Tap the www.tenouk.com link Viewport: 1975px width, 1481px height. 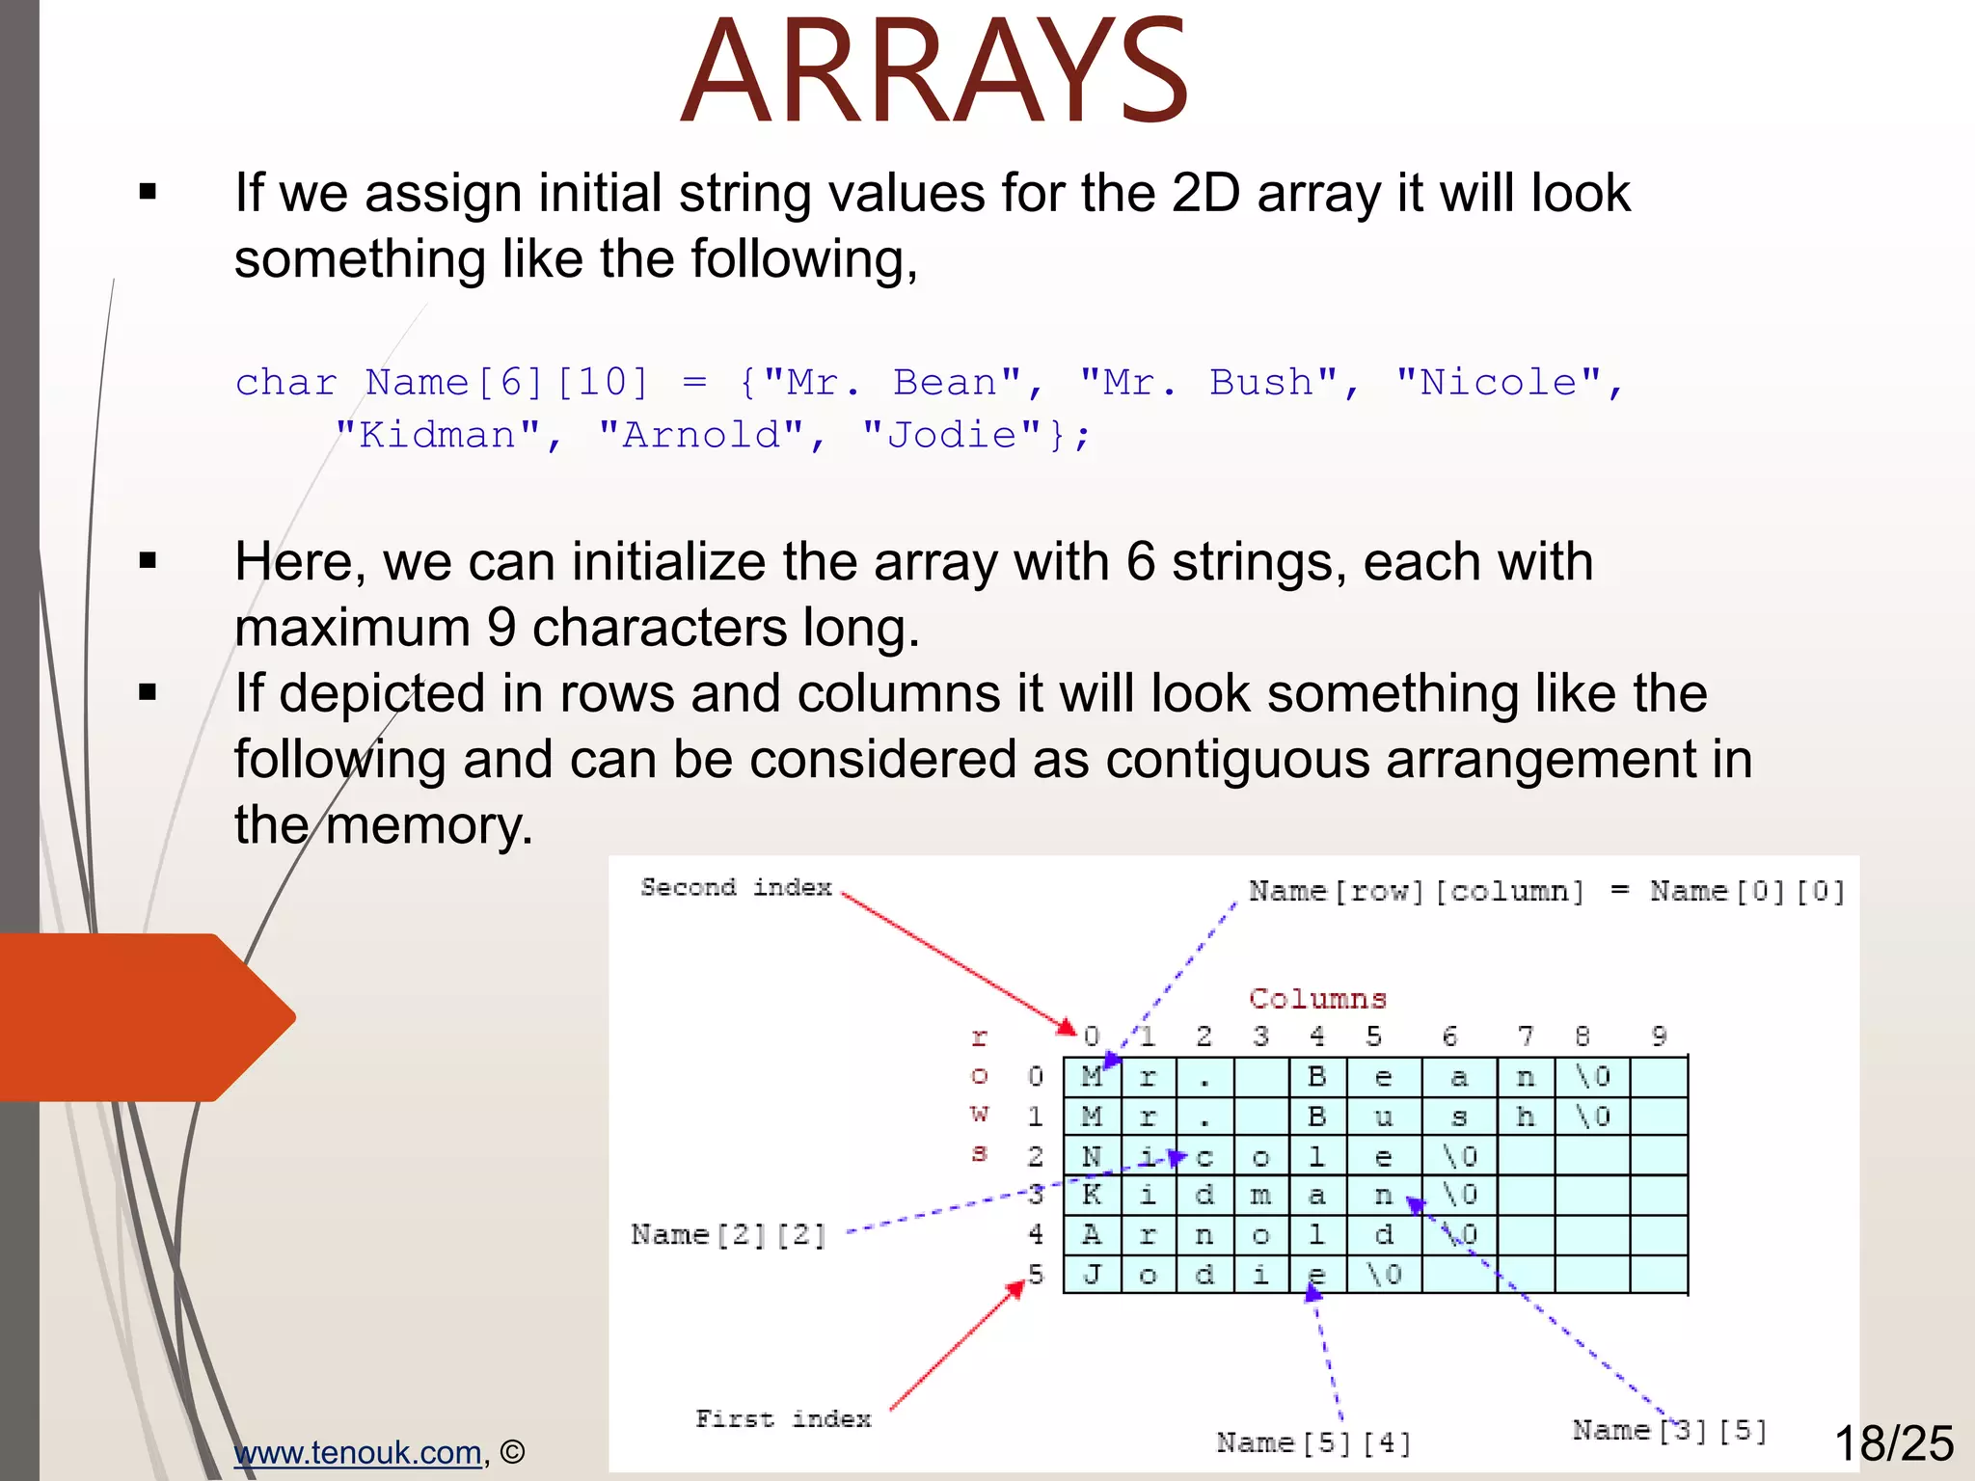[x=358, y=1452]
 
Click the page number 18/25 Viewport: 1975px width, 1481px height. [x=1893, y=1444]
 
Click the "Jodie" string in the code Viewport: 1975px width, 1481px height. [x=951, y=435]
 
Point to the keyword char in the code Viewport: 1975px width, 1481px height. [x=286, y=383]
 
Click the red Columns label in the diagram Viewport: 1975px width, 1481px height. [x=1317, y=998]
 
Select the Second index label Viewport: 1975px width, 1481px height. [x=736, y=887]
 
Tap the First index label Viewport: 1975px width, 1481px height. [x=783, y=1419]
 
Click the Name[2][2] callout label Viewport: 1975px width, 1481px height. [x=729, y=1235]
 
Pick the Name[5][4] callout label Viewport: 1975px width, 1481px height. [x=1313, y=1443]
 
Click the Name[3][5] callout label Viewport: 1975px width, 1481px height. [x=1669, y=1431]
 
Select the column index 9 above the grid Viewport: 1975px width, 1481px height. [x=1659, y=1037]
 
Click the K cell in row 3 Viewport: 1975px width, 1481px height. [x=1092, y=1196]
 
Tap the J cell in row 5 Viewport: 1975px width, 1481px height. [x=1092, y=1275]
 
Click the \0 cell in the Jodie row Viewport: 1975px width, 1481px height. [x=1384, y=1275]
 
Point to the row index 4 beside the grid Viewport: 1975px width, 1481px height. [x=1036, y=1234]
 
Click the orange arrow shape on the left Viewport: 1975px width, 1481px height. [x=145, y=1017]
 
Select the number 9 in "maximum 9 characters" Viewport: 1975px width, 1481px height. [x=502, y=628]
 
